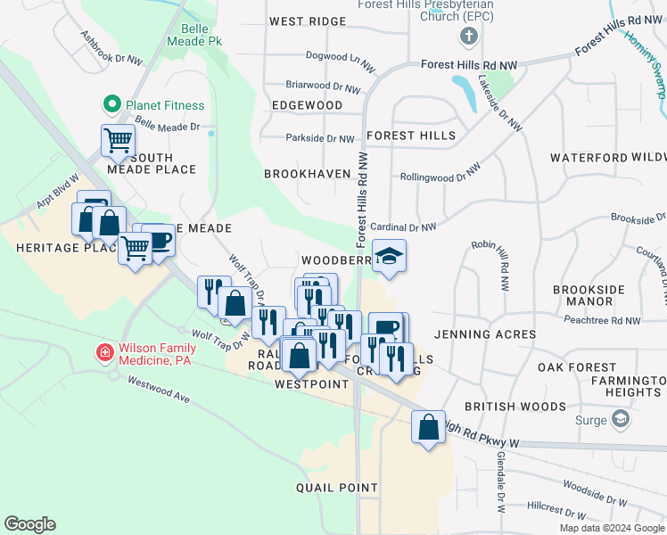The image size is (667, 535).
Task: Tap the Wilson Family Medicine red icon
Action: pyautogui.click(x=104, y=353)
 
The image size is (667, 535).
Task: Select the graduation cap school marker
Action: pyautogui.click(x=389, y=257)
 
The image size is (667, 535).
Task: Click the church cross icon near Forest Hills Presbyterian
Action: pyautogui.click(x=467, y=37)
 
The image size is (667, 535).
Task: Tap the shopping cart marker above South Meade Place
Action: pyautogui.click(x=119, y=140)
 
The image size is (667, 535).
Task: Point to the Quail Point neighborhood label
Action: pyautogui.click(x=337, y=488)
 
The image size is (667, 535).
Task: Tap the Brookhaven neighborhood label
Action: pyautogui.click(x=305, y=174)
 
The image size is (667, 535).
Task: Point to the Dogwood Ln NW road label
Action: pyautogui.click(x=337, y=60)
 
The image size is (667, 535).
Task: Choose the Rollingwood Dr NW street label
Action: pyautogui.click(x=440, y=172)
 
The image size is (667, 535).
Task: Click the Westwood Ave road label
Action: pyautogui.click(x=159, y=392)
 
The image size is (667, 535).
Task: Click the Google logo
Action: pyautogui.click(x=29, y=524)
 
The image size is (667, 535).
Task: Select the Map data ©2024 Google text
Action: pyautogui.click(x=611, y=528)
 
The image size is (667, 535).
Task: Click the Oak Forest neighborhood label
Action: pyautogui.click(x=576, y=367)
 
